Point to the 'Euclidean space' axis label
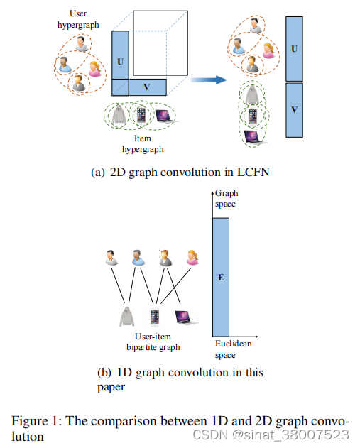234,349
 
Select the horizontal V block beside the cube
147,87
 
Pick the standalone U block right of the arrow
294,50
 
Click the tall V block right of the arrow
294,109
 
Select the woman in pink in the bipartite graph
192,258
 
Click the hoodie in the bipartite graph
128,315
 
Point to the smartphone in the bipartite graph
154,315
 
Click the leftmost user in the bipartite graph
110,258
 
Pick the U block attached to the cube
120,62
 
